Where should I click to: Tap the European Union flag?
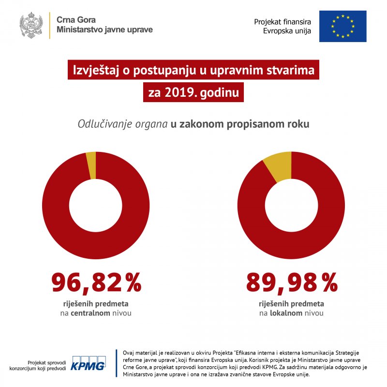342,26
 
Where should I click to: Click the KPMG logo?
89,365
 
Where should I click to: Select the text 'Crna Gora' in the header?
76,20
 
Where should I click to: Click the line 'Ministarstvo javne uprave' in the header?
104,30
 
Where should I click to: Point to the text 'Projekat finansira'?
283,22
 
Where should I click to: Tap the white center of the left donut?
96,205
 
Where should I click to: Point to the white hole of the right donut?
291,205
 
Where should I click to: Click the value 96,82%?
96,283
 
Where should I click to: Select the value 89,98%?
291,283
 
